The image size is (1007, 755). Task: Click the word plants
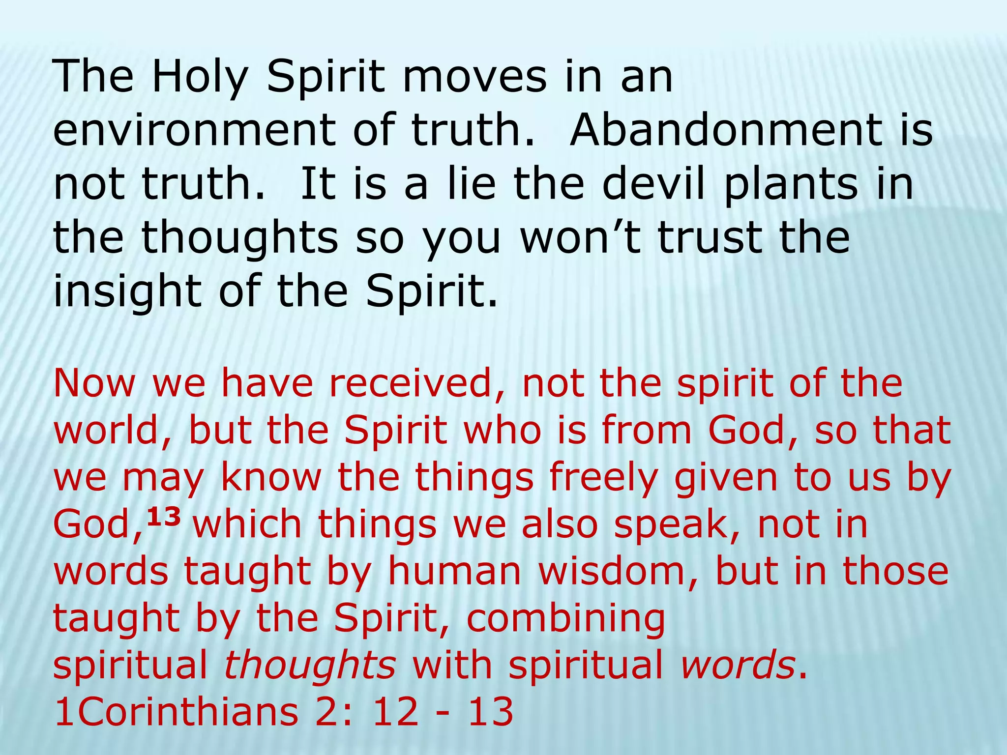(790, 186)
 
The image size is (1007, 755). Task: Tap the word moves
(474, 77)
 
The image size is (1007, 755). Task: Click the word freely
(603, 478)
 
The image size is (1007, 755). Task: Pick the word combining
(565, 619)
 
